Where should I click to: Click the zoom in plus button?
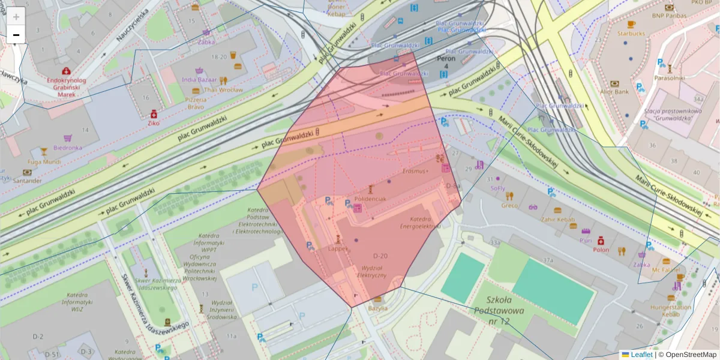coord(16,17)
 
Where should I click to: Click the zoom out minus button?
coord(16,35)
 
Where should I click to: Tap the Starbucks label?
coord(631,34)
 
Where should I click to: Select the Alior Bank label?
coord(614,92)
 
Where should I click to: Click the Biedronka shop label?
coord(67,147)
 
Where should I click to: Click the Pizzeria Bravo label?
coord(195,103)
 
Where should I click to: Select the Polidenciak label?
coord(370,198)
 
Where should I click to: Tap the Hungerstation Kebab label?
coord(670,310)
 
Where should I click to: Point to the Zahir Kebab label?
coord(557,220)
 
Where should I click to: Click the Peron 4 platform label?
coord(446,62)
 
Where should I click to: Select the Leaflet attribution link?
coord(641,355)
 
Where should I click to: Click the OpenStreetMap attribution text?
coord(691,355)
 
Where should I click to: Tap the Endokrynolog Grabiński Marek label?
coord(65,87)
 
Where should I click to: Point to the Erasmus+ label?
coord(415,171)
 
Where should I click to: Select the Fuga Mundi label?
coord(44,161)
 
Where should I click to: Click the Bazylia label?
coord(377,308)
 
